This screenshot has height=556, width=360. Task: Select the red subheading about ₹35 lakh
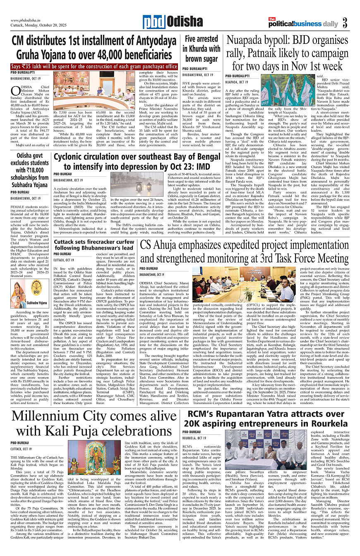click(x=94, y=67)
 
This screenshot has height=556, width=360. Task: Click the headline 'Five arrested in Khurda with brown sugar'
click(x=202, y=49)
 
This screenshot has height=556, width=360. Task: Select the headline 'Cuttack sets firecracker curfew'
click(x=94, y=245)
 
